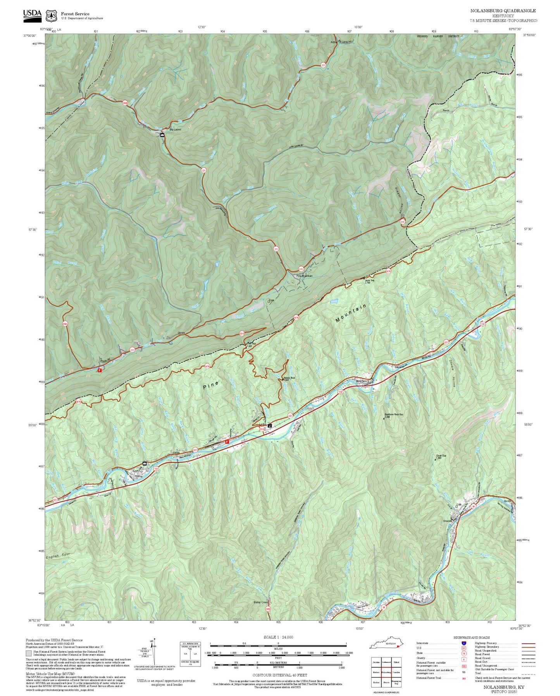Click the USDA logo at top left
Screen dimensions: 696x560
[32, 14]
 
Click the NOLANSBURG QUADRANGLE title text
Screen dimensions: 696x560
[503, 11]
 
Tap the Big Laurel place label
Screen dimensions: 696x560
[175, 130]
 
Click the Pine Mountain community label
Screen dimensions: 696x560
[304, 276]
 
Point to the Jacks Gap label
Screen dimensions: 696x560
[369, 280]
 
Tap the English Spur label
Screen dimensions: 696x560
[58, 556]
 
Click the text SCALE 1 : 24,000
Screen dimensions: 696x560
[278, 637]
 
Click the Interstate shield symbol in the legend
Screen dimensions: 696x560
[464, 643]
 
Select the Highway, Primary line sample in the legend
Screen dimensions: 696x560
[528, 643]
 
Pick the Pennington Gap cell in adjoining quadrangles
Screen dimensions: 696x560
[396, 682]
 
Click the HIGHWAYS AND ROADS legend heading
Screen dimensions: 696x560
[471, 637]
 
